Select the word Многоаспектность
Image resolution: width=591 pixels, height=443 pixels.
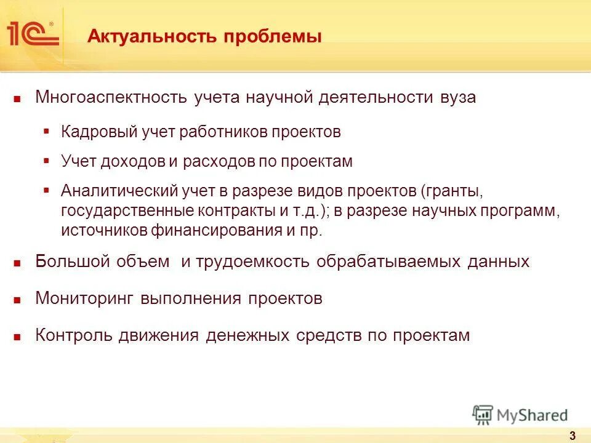(113, 98)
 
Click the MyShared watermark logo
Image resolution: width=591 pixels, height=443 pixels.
(520, 415)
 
